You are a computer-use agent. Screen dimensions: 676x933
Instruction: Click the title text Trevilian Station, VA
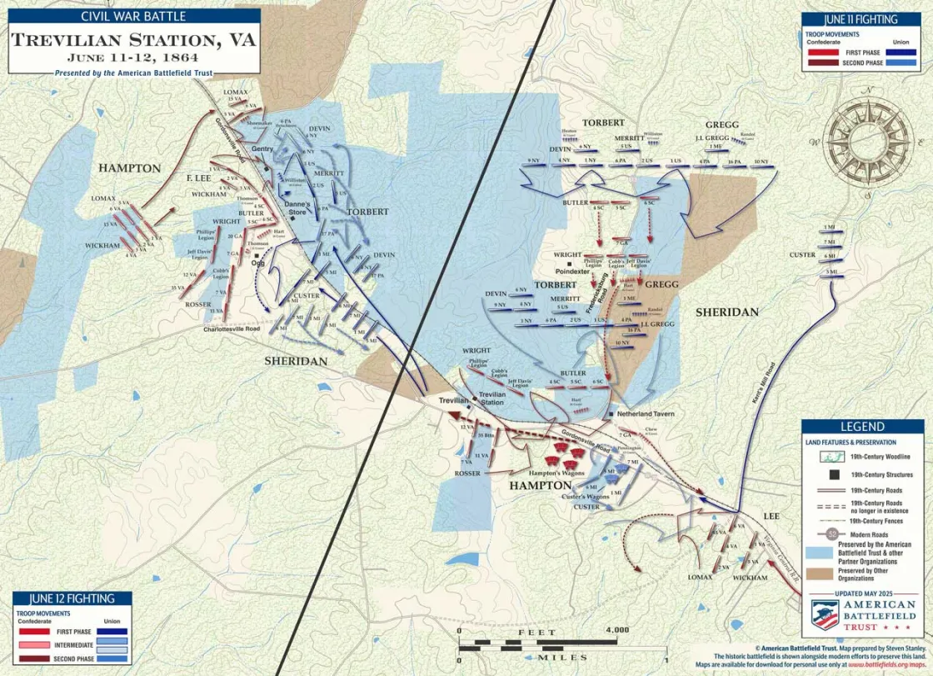tap(133, 40)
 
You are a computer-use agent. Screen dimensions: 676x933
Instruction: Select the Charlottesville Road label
tap(232, 329)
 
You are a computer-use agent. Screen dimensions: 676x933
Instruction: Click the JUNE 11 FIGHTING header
tap(861, 18)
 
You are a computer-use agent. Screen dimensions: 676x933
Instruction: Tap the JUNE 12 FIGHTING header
tap(72, 598)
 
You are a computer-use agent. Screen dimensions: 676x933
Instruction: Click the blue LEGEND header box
tap(862, 426)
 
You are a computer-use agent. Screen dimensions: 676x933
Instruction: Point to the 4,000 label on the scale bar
tap(617, 629)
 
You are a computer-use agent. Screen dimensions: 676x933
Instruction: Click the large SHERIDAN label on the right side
tap(727, 312)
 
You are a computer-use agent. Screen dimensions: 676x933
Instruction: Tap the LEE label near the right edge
tap(771, 516)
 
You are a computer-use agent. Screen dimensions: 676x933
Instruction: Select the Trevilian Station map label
tap(491, 398)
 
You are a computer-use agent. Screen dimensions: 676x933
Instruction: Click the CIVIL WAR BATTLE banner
tap(134, 16)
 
